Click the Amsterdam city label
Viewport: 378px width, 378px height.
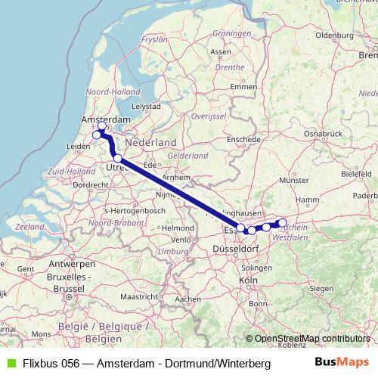click(x=106, y=119)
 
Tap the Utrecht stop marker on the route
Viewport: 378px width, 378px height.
click(x=118, y=158)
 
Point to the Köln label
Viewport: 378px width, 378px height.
click(x=248, y=280)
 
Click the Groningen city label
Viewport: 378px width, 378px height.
click(x=231, y=34)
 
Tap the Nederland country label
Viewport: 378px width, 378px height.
click(x=150, y=142)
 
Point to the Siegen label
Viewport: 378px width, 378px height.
click(x=321, y=287)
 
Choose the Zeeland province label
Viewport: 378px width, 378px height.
click(x=29, y=227)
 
